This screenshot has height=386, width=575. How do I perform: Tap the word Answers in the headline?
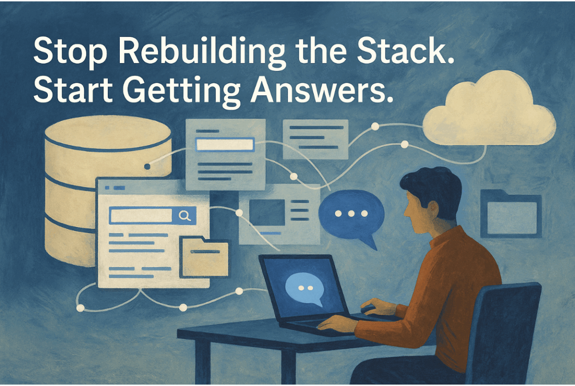point(322,91)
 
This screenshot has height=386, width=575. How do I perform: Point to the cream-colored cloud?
point(489,111)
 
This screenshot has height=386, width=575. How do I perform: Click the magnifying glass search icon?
point(184,216)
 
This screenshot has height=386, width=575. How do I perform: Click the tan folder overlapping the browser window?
point(204,258)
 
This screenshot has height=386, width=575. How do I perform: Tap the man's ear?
point(433,208)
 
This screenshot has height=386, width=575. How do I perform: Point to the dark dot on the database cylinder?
point(148,167)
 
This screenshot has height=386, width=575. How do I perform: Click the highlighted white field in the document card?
point(225,145)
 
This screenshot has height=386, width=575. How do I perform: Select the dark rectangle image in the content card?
point(267,212)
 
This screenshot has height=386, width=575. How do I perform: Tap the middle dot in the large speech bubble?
point(351,214)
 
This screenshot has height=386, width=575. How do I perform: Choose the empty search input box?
point(142,216)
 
